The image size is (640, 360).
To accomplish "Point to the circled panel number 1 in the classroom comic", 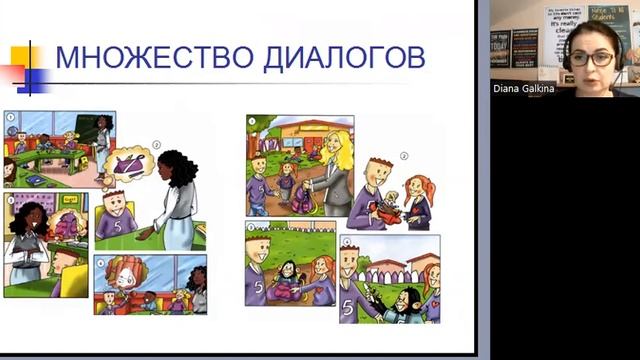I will click(x=10, y=117).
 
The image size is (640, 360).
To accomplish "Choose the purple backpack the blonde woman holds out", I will click(x=302, y=197).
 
